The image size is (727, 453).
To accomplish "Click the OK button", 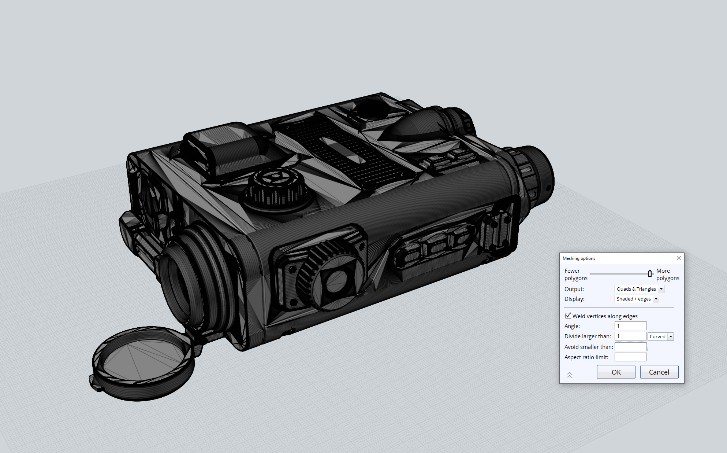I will [616, 372].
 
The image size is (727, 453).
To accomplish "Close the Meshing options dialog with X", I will [678, 258].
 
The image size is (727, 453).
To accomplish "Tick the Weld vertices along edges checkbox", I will [568, 316].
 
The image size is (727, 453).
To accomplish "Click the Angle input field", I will [630, 326].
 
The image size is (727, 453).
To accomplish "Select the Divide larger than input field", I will [630, 336].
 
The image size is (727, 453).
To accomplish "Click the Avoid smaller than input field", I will [630, 347].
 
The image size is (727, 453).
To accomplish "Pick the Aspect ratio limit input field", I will [630, 357].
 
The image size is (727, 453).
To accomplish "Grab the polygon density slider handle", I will [650, 273].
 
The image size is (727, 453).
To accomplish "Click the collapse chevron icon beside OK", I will [569, 375].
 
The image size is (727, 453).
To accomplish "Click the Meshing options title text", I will [579, 258].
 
